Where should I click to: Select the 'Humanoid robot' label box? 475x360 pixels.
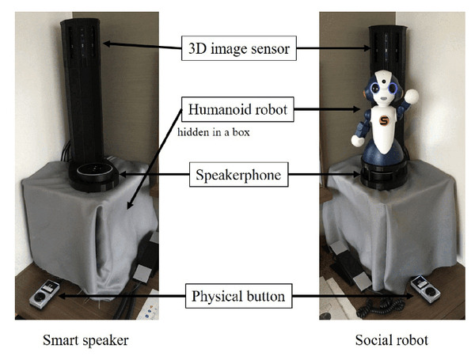tap(237, 109)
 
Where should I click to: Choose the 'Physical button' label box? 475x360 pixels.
tap(237, 298)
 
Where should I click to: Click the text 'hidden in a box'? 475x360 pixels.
tap(214, 132)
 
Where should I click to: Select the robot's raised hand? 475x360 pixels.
tap(412, 98)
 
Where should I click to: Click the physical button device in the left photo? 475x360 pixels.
tap(44, 294)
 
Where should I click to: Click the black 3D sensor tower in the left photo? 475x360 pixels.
tap(84, 87)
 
